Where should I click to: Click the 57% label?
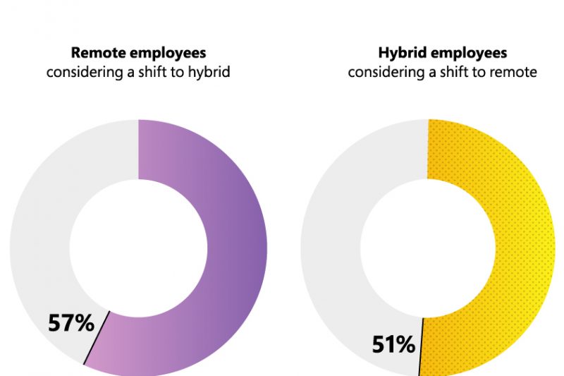click(70, 323)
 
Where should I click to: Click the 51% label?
click(393, 345)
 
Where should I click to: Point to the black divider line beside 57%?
click(97, 339)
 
